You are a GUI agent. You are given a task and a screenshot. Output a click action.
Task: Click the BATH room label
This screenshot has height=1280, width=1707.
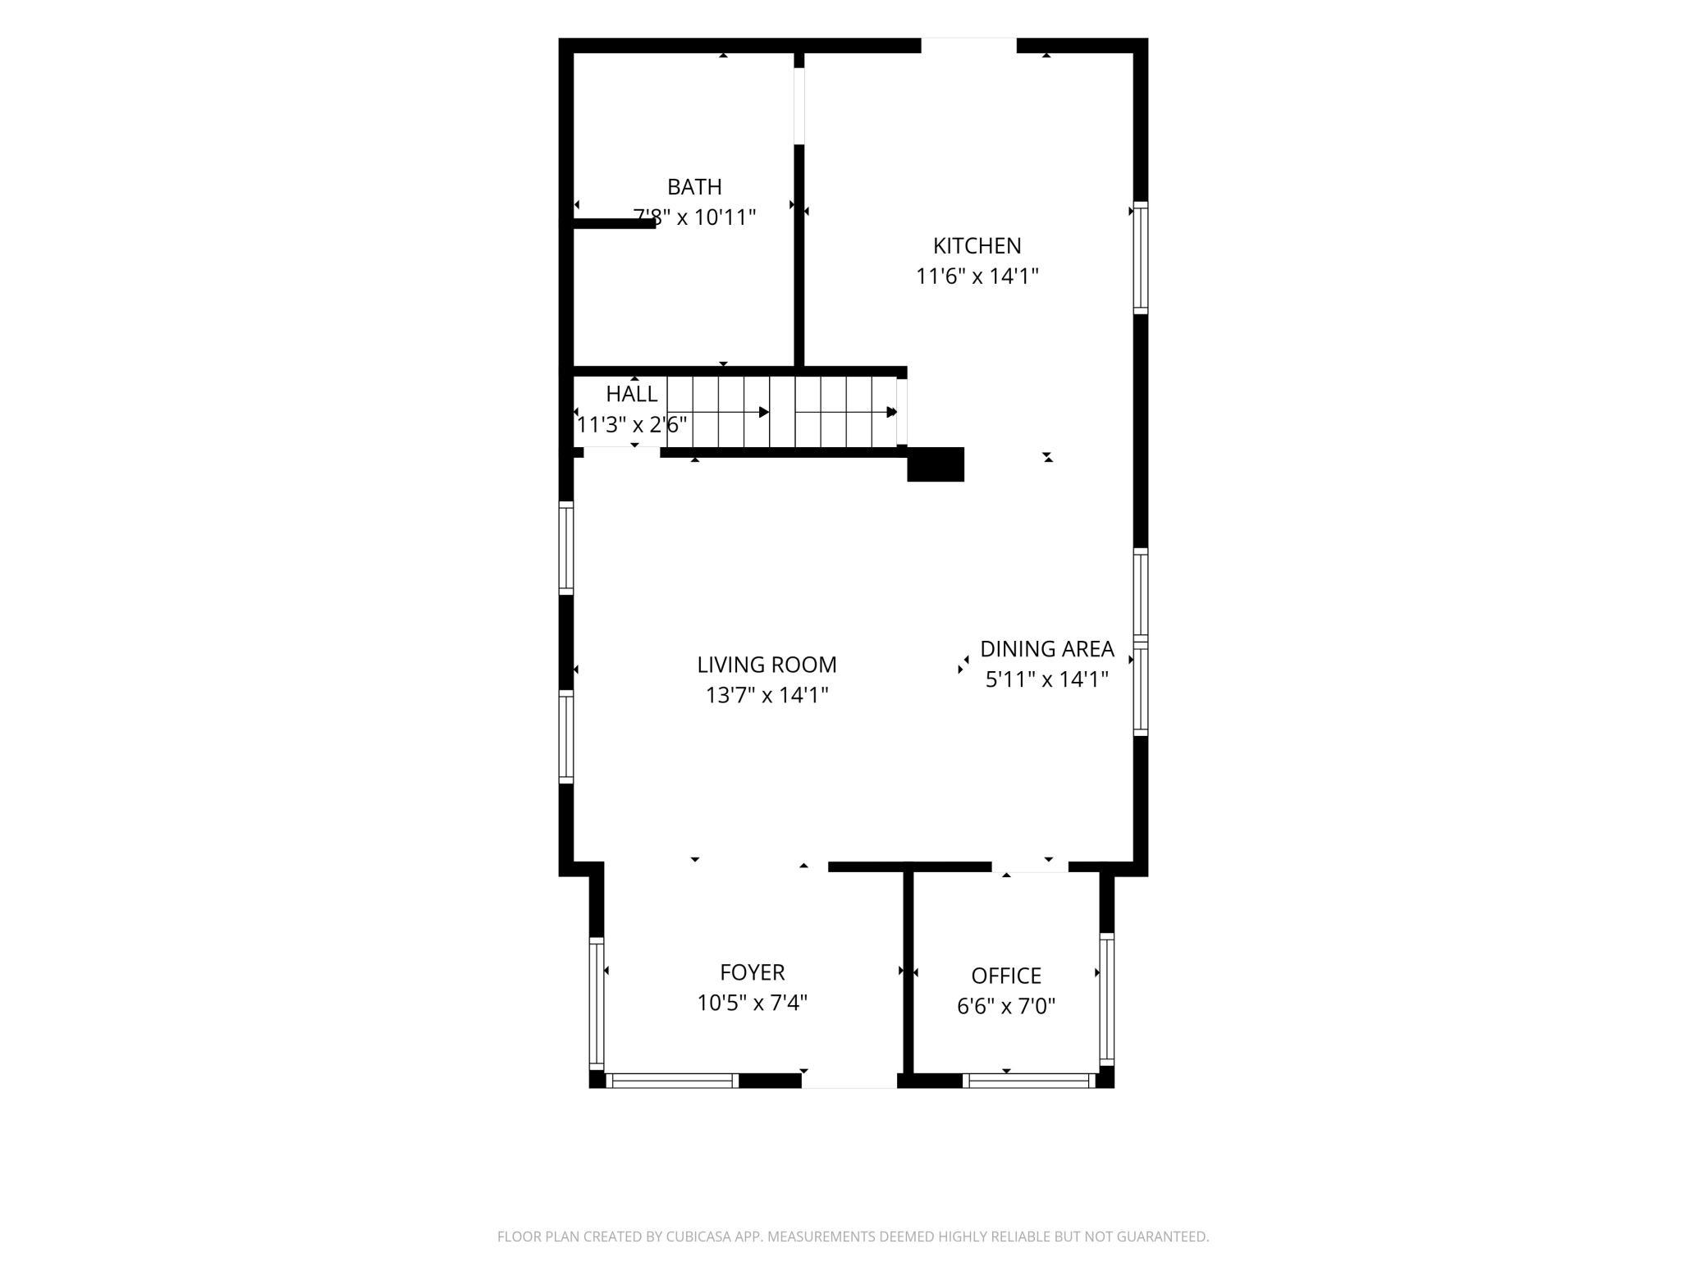point(694,187)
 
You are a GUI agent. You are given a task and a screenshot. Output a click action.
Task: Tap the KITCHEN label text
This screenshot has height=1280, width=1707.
point(977,245)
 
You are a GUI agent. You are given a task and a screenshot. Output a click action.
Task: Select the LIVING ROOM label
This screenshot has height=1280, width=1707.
point(767,665)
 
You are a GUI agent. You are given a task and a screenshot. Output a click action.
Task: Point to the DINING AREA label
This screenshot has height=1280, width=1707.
point(1047,649)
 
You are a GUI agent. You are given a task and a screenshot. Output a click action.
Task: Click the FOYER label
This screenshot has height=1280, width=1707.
point(752,972)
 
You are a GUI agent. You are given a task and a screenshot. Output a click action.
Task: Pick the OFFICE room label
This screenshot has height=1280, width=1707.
point(1006,976)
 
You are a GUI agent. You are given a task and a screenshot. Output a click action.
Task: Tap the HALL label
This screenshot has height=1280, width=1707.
point(632,394)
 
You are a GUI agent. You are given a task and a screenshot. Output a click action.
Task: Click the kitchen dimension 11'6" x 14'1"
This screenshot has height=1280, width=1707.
point(977,276)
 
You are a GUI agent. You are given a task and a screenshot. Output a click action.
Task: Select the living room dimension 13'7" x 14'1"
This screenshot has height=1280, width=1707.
point(767,695)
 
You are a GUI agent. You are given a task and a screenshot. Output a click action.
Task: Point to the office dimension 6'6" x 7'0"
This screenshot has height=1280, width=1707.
point(1006,1006)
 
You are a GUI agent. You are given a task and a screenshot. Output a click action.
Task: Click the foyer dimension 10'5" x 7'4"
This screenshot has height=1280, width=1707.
point(752,1003)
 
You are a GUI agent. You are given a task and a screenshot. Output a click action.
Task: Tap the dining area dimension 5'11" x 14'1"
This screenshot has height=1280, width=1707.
point(1047,679)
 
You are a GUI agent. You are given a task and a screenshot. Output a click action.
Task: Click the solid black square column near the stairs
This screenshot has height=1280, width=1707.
point(936,464)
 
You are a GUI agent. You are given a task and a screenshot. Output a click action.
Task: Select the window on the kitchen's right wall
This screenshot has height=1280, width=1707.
point(1141,258)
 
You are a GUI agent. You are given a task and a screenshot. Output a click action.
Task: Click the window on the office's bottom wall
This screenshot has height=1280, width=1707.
point(1030,1081)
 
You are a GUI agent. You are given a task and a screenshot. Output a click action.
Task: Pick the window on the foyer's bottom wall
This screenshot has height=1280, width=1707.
point(672,1081)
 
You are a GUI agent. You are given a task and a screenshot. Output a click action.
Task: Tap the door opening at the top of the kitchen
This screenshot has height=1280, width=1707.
point(969,45)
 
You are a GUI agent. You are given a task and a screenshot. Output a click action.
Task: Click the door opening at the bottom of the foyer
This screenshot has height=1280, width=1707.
point(849,1081)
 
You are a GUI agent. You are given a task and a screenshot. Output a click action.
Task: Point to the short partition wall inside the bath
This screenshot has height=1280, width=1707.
point(614,223)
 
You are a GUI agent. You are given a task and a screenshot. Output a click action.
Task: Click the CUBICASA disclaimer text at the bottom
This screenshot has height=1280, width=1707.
point(853,1237)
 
